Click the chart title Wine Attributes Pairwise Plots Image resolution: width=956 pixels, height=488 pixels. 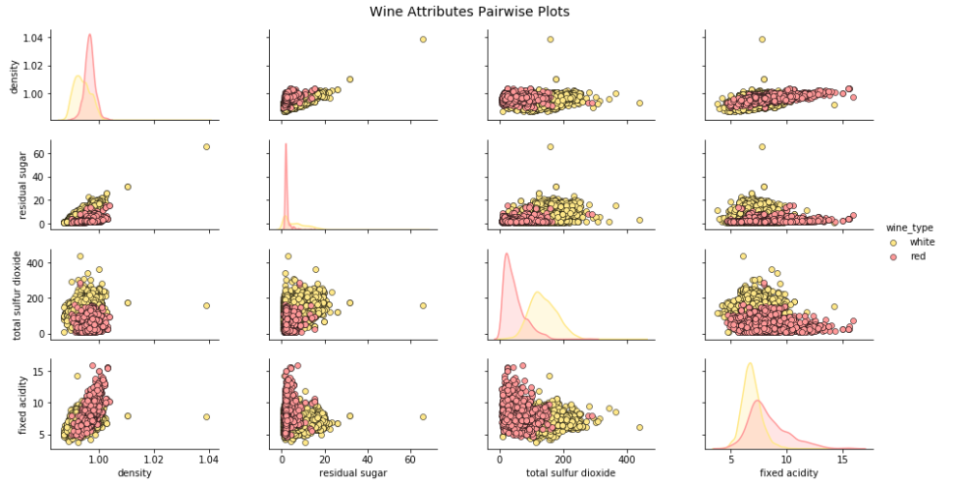469,12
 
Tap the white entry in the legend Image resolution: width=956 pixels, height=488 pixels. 922,242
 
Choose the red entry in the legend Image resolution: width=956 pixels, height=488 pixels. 918,256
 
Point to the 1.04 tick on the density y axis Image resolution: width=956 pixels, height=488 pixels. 32,38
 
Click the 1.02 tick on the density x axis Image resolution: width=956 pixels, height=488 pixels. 153,459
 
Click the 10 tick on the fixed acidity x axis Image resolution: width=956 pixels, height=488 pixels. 786,459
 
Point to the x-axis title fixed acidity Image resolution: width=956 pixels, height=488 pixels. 786,473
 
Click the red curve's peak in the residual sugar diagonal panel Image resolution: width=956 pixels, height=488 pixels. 286,144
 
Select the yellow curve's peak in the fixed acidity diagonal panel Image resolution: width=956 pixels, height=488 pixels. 749,364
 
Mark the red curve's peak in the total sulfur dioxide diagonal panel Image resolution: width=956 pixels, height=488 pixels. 506,254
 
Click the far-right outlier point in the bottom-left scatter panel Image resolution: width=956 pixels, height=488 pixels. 206,416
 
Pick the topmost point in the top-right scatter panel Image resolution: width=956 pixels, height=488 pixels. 762,39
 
